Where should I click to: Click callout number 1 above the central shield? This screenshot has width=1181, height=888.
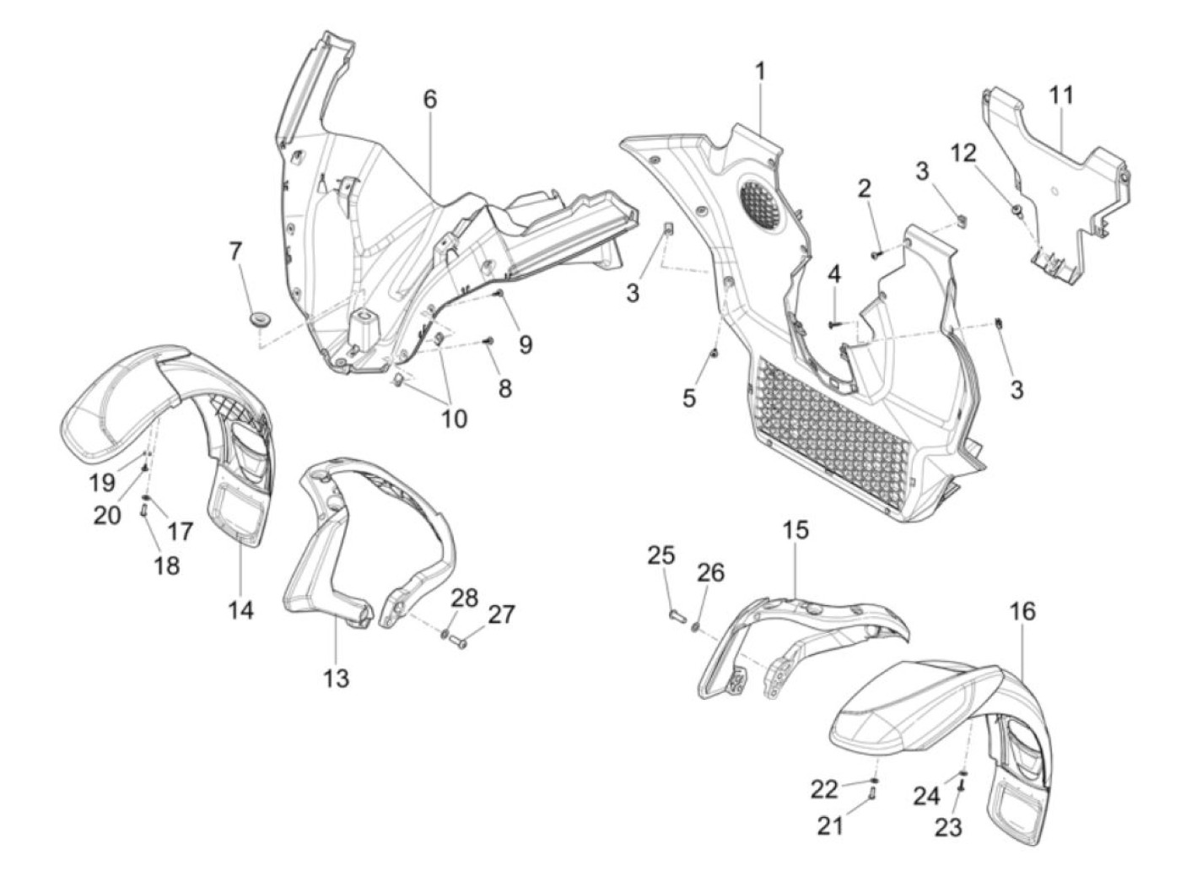(760, 71)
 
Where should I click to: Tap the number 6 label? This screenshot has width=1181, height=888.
(430, 100)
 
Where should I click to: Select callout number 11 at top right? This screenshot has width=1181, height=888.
(1062, 95)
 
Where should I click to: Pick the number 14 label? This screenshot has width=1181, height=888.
(240, 609)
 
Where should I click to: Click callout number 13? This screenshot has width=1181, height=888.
(336, 677)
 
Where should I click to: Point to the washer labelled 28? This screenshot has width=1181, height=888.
(446, 633)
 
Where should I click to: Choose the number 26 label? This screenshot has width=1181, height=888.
(709, 572)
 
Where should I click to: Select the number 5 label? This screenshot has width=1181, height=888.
(689, 398)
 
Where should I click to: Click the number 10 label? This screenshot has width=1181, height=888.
(454, 418)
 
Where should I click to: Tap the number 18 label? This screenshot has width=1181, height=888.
(167, 565)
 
